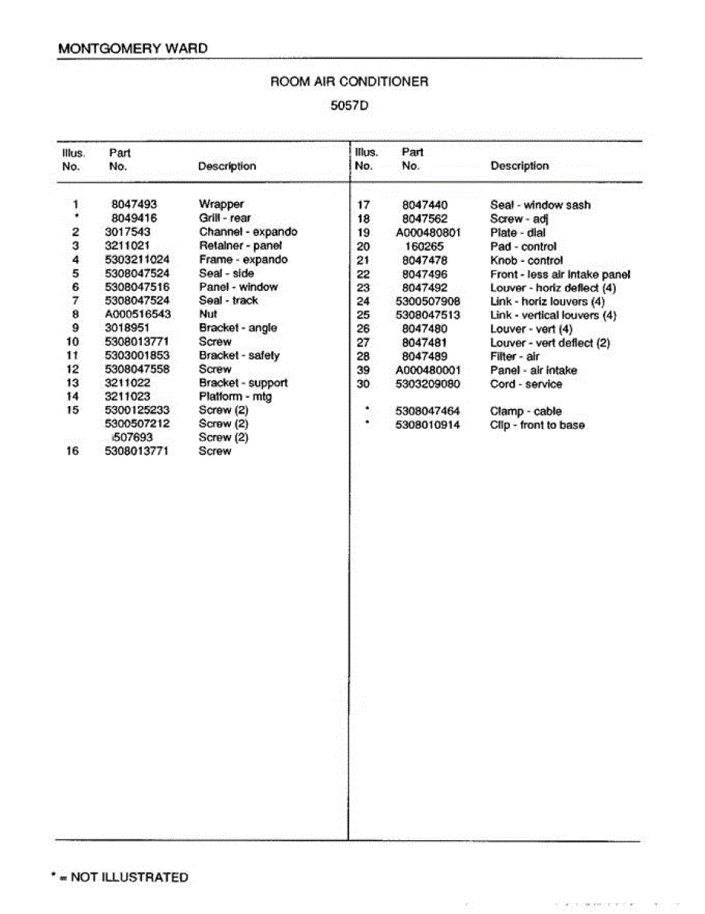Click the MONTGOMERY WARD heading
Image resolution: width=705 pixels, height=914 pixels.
133,48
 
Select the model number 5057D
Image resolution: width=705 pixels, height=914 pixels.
349,106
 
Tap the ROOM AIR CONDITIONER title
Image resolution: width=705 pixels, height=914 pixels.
349,81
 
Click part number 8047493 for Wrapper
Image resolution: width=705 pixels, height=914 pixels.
134,204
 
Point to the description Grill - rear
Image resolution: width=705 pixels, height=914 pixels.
225,218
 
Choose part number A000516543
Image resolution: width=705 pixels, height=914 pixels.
137,314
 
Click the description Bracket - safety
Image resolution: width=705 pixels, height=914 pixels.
239,356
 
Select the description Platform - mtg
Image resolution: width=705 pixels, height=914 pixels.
236,397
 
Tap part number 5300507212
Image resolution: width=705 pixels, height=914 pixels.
137,424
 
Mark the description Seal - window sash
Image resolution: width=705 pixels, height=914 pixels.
540,205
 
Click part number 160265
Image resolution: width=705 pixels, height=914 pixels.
425,247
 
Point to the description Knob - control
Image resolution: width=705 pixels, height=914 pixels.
527,260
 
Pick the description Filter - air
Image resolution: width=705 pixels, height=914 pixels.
515,356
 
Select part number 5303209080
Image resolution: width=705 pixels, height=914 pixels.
428,384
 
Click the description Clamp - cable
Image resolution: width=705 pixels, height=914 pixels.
526,411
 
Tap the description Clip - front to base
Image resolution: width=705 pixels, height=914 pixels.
537,425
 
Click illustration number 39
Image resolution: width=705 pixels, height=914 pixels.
364,370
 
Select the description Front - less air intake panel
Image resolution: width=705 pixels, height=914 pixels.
560,274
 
